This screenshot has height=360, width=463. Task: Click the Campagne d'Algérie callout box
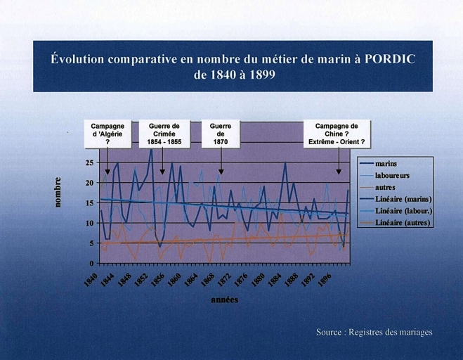[x=107, y=134]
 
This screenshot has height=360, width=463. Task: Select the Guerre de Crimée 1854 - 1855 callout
[x=164, y=134]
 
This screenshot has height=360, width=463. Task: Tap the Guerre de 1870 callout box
[x=221, y=134]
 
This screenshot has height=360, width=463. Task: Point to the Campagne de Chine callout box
[x=337, y=134]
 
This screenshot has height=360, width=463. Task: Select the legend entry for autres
[x=385, y=188]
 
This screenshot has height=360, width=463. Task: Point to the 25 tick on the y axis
[x=89, y=162]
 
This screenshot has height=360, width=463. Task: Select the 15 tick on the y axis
[x=89, y=202]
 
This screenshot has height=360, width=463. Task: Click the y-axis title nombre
[x=60, y=191]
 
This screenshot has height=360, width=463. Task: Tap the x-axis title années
[x=224, y=300]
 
